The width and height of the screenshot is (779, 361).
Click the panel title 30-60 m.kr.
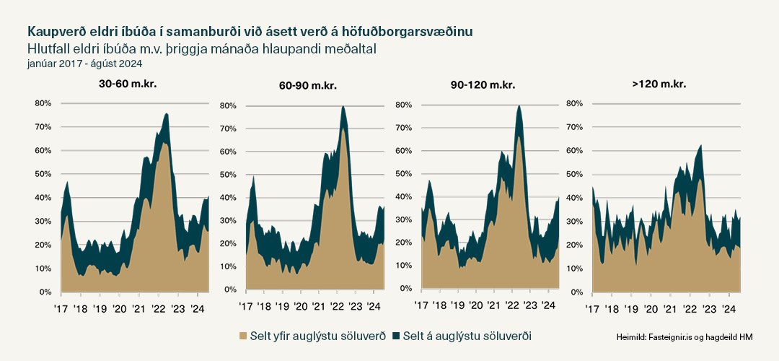(128, 84)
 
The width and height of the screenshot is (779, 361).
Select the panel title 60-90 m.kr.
(308, 86)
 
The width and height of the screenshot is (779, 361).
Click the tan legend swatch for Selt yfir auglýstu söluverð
(242, 336)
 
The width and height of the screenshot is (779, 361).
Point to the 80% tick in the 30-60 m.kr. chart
(43, 103)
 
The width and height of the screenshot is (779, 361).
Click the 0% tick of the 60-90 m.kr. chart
(229, 290)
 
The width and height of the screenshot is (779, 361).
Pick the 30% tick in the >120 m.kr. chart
(574, 222)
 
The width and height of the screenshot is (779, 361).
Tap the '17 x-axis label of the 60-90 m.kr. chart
(246, 307)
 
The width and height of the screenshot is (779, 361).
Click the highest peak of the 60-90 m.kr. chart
(343, 107)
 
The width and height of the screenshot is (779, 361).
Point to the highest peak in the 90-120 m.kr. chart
(519, 106)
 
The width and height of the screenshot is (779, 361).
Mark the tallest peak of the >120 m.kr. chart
(700, 145)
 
